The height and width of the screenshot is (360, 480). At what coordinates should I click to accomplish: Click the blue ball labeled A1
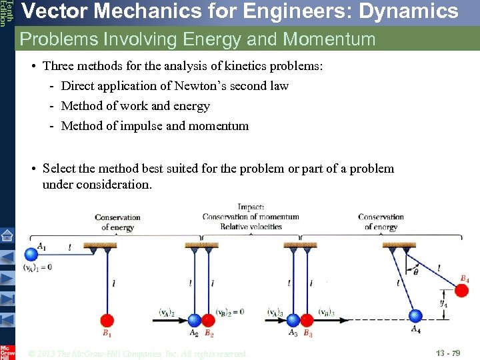[x=31, y=254]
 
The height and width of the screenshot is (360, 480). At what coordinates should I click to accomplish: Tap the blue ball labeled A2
[x=195, y=321]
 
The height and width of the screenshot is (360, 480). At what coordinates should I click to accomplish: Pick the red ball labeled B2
[x=208, y=321]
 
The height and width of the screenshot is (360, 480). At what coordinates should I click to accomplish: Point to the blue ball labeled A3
[x=293, y=321]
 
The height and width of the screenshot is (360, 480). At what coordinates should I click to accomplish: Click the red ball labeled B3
[x=307, y=321]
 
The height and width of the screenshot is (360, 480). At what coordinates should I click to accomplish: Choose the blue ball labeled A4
[x=415, y=316]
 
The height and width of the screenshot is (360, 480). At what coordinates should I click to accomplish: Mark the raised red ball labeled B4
[x=461, y=290]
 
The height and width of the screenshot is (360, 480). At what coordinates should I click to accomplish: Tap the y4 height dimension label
[x=443, y=302]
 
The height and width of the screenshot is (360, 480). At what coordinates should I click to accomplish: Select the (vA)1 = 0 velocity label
[x=37, y=267]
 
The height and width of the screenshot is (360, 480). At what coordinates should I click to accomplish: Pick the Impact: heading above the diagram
[x=251, y=207]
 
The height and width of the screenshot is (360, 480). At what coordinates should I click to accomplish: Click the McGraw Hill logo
[x=7, y=352]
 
